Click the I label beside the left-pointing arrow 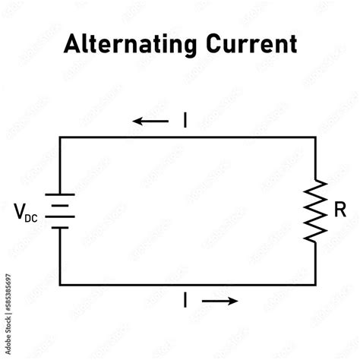click(184, 120)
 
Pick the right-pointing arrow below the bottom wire click(220, 300)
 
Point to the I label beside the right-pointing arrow click(185, 300)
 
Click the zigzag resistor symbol click(316, 211)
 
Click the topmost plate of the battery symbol click(60, 195)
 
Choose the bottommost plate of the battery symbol click(60, 226)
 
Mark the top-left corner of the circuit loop click(60, 137)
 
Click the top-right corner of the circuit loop click(316, 137)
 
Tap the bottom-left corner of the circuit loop click(60, 284)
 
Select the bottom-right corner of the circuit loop click(316, 284)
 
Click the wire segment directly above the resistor click(316, 159)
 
